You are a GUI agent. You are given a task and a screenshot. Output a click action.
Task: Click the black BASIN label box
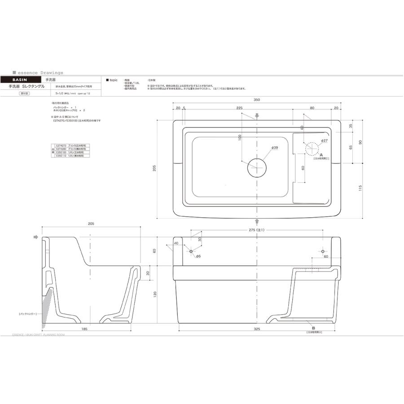pyautogui.click(x=20, y=79)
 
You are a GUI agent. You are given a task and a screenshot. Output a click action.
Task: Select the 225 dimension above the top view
pyautogui.click(x=239, y=108)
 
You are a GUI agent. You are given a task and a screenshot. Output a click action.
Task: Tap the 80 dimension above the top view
pyautogui.click(x=312, y=108)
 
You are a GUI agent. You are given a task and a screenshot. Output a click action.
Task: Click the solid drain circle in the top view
pyautogui.click(x=257, y=167)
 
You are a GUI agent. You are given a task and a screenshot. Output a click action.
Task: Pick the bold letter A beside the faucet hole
pyautogui.click(x=321, y=154)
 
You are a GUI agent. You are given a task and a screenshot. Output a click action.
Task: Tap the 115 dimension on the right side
pyautogui.click(x=360, y=189)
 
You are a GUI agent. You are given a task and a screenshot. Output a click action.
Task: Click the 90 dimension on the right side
pyautogui.click(x=360, y=142)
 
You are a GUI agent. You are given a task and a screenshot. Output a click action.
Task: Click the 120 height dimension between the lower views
pyautogui.click(x=155, y=294)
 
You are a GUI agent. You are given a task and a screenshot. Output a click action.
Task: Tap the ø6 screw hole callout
pyautogui.click(x=198, y=256)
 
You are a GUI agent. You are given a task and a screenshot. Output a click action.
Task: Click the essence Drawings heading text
pyautogui.click(x=40, y=72)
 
